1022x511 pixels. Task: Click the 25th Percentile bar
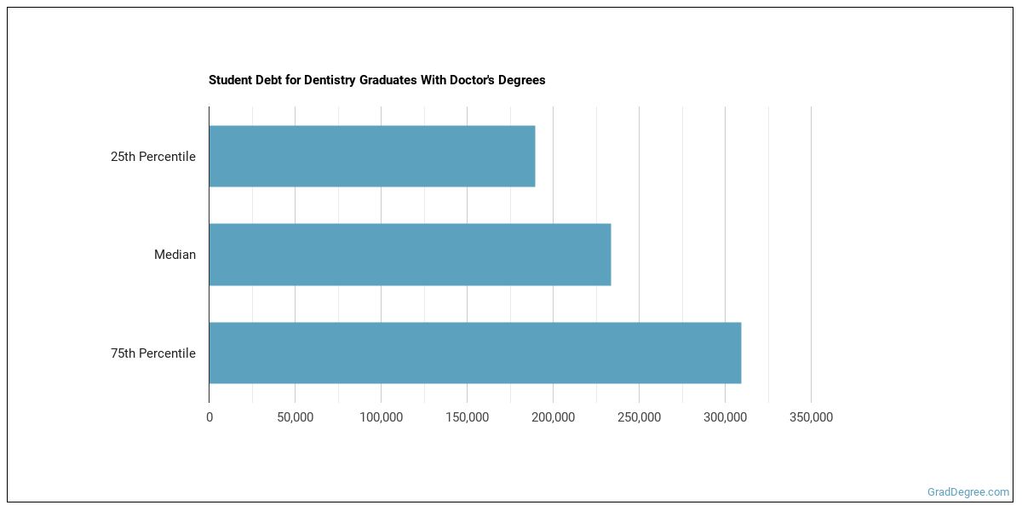[x=372, y=157]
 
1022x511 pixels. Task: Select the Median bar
[x=410, y=255]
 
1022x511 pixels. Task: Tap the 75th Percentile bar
[x=474, y=353]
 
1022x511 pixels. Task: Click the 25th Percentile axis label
[x=153, y=157]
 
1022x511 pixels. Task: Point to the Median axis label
[x=175, y=255]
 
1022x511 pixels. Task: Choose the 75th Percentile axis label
[x=153, y=353]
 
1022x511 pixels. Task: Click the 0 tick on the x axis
[x=210, y=417]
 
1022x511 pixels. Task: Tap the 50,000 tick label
[x=296, y=417]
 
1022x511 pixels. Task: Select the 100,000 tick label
[x=381, y=417]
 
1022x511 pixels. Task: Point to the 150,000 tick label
[x=467, y=417]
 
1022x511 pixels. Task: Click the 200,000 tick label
[x=553, y=417]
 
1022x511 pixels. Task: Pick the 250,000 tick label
[x=639, y=417]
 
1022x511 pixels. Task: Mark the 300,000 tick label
[x=725, y=417]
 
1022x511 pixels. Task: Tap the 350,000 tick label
[x=811, y=417]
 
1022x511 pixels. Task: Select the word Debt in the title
[x=263, y=80]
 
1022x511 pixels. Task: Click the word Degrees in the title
[x=523, y=80]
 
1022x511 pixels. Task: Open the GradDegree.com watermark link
[x=968, y=491]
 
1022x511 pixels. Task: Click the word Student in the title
[x=227, y=80]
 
